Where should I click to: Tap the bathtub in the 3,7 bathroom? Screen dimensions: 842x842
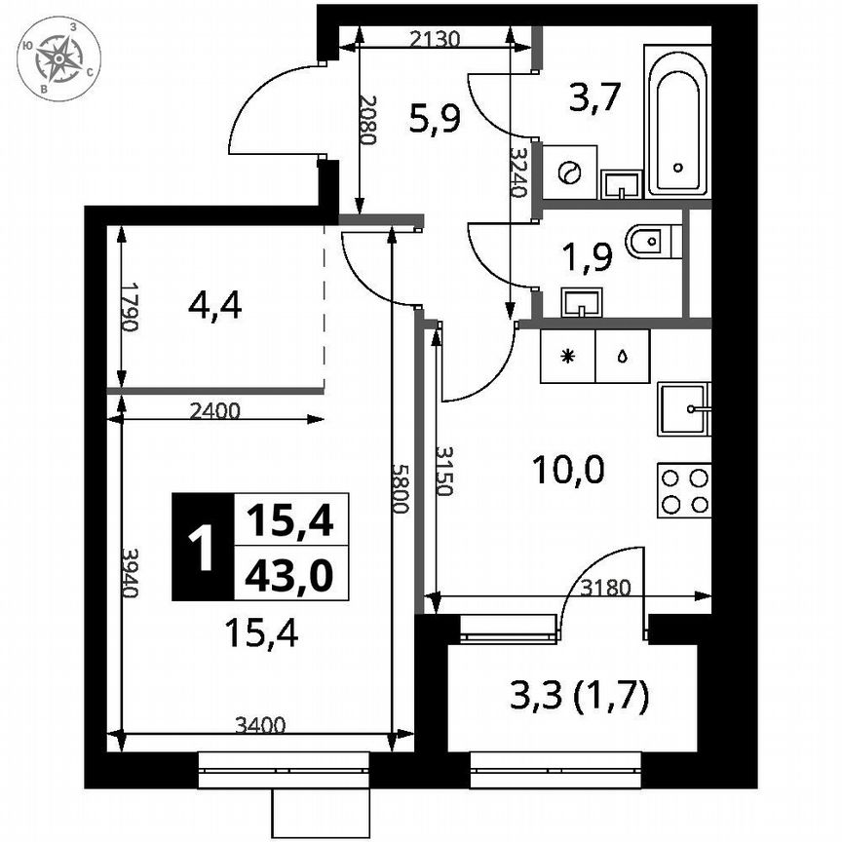click(x=678, y=121)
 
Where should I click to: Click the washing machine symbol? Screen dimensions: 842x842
click(x=568, y=172)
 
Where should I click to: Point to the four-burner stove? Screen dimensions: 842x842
click(x=683, y=490)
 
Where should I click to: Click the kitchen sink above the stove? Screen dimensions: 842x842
click(x=683, y=408)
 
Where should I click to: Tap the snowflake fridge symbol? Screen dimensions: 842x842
click(x=568, y=355)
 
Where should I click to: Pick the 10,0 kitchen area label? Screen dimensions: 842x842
click(x=568, y=472)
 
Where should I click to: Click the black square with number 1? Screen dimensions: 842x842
click(x=203, y=547)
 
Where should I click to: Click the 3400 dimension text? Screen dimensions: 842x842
click(x=261, y=724)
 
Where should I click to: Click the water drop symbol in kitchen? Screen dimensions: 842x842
click(x=622, y=355)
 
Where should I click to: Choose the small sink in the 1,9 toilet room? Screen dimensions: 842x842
click(x=582, y=302)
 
